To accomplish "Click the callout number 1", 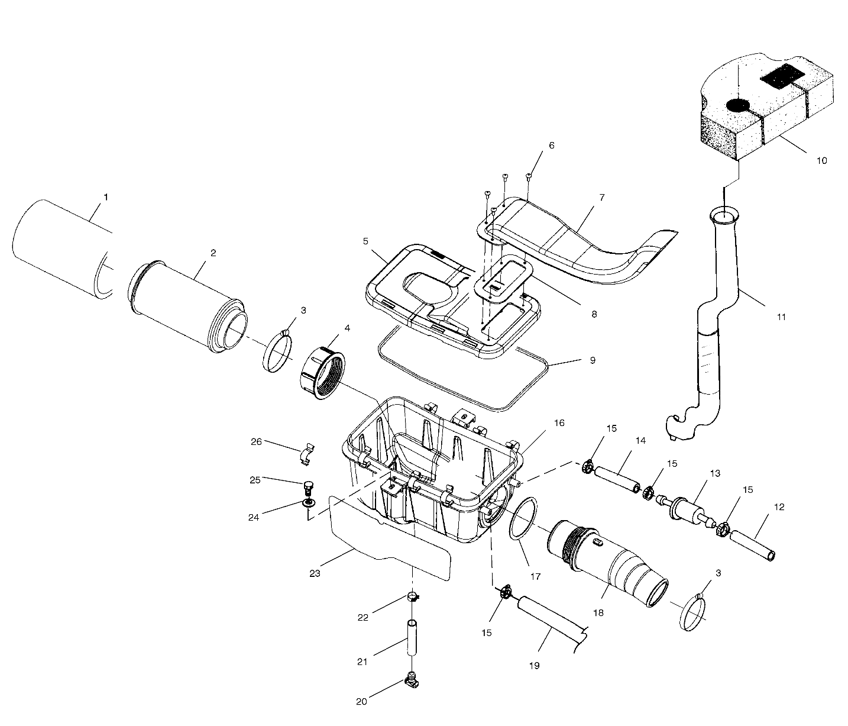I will [x=106, y=197].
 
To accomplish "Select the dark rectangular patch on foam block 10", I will [x=781, y=76].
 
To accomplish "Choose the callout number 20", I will [x=362, y=702].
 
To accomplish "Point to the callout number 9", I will [x=592, y=360].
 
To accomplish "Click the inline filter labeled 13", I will [x=687, y=508].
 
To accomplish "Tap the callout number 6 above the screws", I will [x=552, y=145].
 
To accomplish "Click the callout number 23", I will [x=315, y=573].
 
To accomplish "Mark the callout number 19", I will [x=534, y=665].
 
